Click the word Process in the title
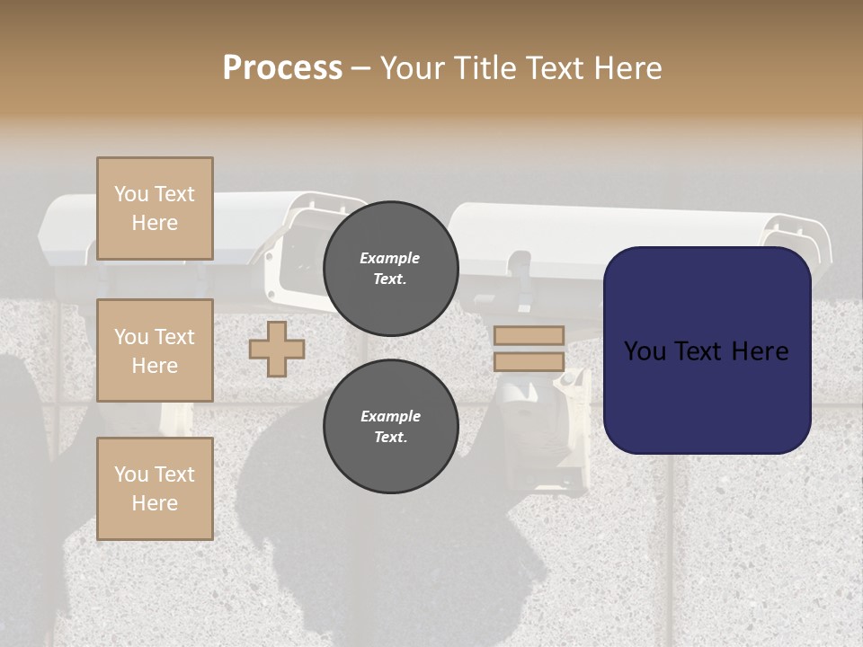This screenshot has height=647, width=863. point(282,68)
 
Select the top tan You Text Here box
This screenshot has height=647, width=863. point(155,208)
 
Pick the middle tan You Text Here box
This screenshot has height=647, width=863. point(155,350)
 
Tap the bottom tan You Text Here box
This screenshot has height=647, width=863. point(155,488)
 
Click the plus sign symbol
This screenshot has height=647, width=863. point(277,349)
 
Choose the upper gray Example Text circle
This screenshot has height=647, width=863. point(390,268)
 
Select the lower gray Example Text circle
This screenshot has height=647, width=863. point(390,426)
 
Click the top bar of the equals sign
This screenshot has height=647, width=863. point(529,335)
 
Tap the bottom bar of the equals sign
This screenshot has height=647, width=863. point(529,361)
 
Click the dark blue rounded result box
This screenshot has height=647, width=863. point(707,350)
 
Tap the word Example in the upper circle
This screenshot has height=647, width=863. point(390,258)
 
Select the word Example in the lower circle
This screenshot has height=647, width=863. point(390,416)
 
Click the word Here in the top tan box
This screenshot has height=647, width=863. point(155,223)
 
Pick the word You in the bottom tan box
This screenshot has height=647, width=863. point(130,474)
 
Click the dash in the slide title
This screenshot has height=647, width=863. point(361,68)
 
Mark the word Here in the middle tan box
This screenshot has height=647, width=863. point(155,366)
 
